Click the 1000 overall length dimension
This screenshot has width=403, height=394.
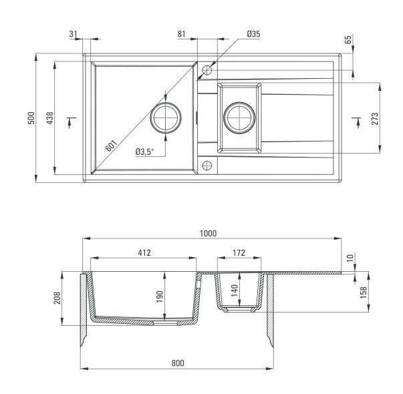(208, 234)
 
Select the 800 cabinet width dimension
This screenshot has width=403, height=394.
(178, 363)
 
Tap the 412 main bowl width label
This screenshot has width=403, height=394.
(144, 252)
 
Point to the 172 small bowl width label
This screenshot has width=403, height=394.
(239, 252)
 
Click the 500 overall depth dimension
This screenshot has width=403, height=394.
(31, 118)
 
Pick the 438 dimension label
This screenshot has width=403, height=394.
(50, 118)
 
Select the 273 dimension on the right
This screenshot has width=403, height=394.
(375, 119)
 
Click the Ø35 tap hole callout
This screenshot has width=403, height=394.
(253, 34)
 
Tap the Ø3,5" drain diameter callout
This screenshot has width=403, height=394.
(145, 152)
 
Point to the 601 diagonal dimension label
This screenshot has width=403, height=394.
(112, 146)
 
